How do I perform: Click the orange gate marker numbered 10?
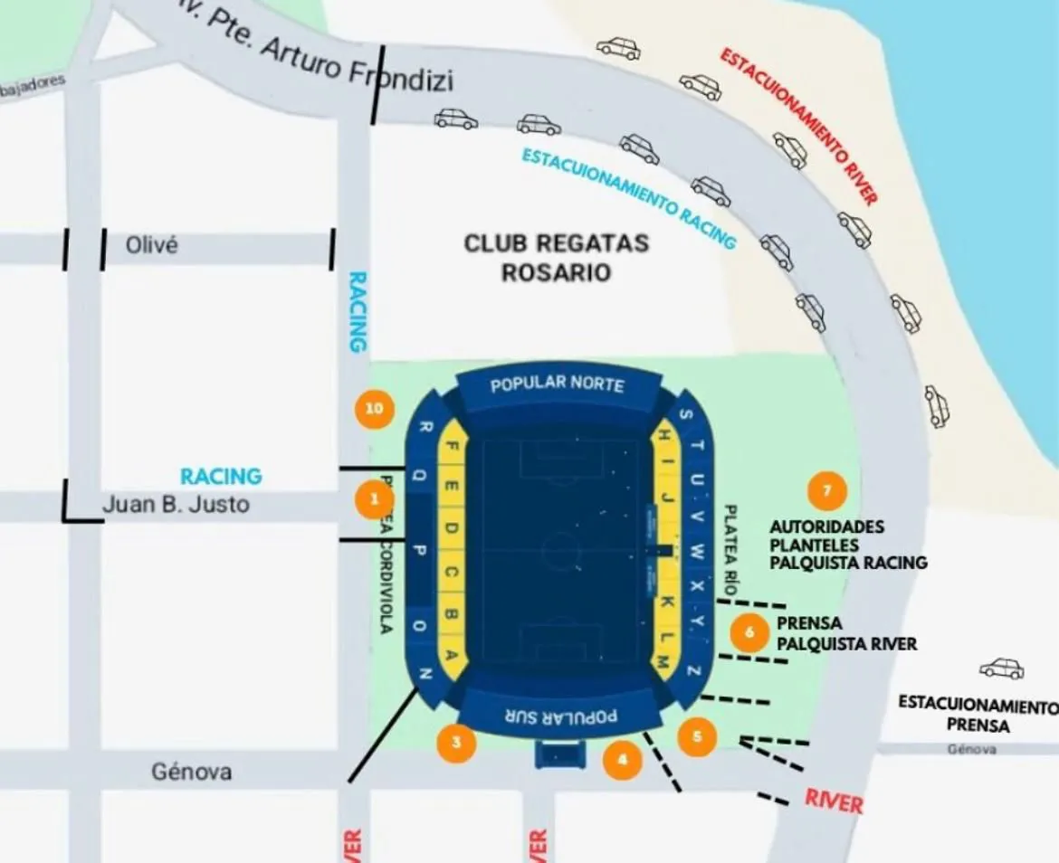click(x=375, y=409)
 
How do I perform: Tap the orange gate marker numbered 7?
click(x=826, y=491)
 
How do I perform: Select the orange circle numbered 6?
click(x=749, y=632)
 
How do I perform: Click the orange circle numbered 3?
click(x=457, y=744)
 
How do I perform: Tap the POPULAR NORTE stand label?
click(x=558, y=384)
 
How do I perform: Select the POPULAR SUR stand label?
click(x=560, y=716)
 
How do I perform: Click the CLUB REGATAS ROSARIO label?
click(x=557, y=257)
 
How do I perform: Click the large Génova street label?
click(x=191, y=772)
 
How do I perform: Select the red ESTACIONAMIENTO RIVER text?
click(x=799, y=127)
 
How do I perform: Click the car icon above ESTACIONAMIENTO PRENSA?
click(x=1002, y=669)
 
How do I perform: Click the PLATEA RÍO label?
click(x=731, y=547)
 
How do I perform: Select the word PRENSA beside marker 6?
click(x=809, y=623)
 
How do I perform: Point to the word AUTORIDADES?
click(x=827, y=526)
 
